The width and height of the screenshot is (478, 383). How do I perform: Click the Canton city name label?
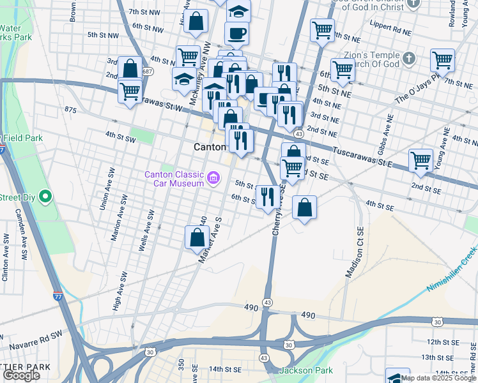[210, 147]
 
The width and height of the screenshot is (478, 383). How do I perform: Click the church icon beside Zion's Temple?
[409, 59]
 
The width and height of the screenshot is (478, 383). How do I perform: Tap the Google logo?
[20, 376]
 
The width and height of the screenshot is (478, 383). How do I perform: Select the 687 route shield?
[148, 71]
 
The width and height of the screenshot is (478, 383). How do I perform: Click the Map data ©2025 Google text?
[438, 378]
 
